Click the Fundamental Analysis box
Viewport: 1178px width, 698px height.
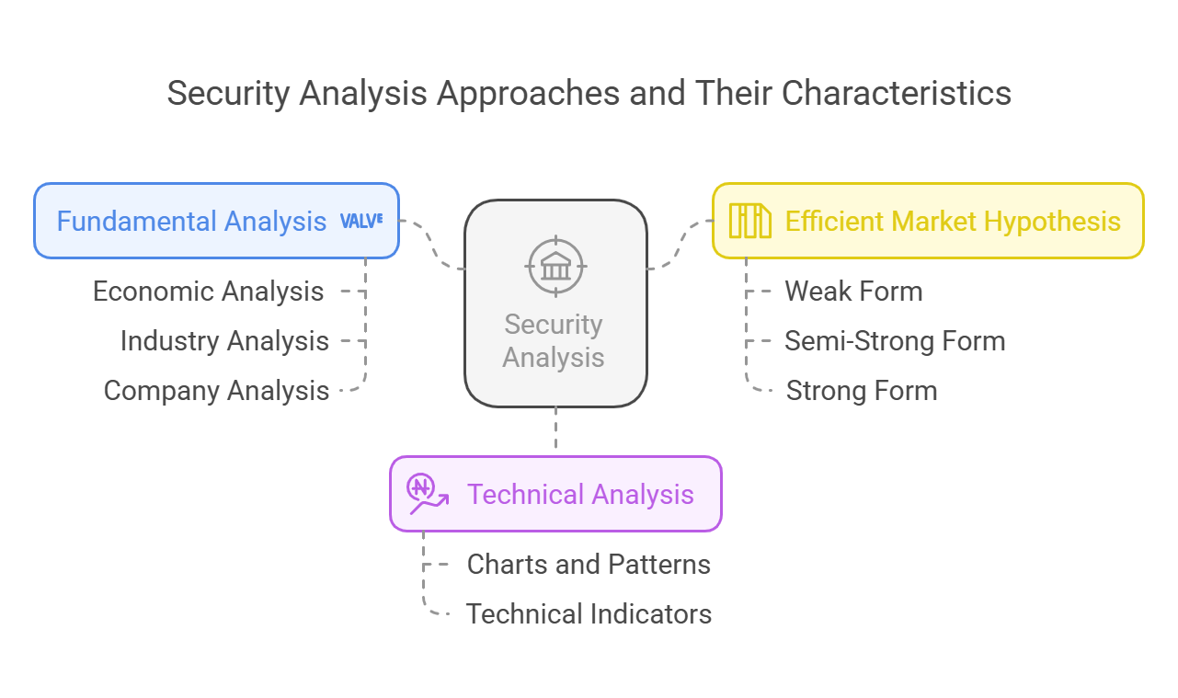[x=191, y=222]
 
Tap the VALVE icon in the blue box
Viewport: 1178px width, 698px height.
[x=361, y=221]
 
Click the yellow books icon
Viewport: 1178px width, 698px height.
[x=749, y=222]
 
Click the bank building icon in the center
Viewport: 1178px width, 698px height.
[x=555, y=267]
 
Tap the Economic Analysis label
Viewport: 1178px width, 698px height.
[x=208, y=292]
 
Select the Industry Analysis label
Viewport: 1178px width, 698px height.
[x=224, y=341]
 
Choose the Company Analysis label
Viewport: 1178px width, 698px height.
[x=216, y=391]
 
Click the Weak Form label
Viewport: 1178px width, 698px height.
[x=853, y=292]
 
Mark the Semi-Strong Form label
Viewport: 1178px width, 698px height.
[x=895, y=341]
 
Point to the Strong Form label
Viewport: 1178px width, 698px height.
[x=862, y=391]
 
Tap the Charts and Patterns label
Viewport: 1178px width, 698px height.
[x=589, y=564]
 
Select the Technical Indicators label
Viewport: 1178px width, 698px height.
[x=589, y=613]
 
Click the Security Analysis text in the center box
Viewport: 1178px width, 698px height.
[x=554, y=341]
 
